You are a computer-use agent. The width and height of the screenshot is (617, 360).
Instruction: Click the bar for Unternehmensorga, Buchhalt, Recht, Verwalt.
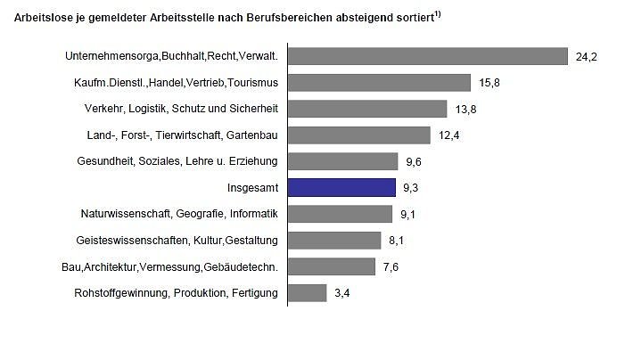[428, 56]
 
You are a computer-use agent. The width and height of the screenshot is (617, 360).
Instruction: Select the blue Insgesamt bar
[341, 187]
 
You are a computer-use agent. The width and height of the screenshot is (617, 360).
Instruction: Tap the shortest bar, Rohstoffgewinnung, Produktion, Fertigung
[308, 292]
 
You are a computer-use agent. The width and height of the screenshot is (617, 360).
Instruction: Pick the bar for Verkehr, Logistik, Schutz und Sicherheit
[367, 109]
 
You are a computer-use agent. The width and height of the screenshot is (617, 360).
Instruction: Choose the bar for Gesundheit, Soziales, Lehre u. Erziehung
[343, 161]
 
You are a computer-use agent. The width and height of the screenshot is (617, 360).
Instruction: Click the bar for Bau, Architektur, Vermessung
[332, 266]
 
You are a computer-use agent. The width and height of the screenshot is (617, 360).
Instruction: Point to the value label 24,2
[586, 57]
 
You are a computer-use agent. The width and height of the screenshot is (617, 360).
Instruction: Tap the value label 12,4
[447, 135]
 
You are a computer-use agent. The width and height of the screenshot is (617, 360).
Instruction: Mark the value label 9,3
[410, 188]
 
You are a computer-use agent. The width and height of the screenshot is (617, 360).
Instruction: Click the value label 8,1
[396, 241]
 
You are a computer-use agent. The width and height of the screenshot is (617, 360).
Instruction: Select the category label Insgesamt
[253, 188]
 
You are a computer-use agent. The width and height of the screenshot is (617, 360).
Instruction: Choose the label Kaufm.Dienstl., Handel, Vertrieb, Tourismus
[177, 83]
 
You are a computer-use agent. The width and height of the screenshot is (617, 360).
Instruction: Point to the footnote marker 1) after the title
[439, 12]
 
